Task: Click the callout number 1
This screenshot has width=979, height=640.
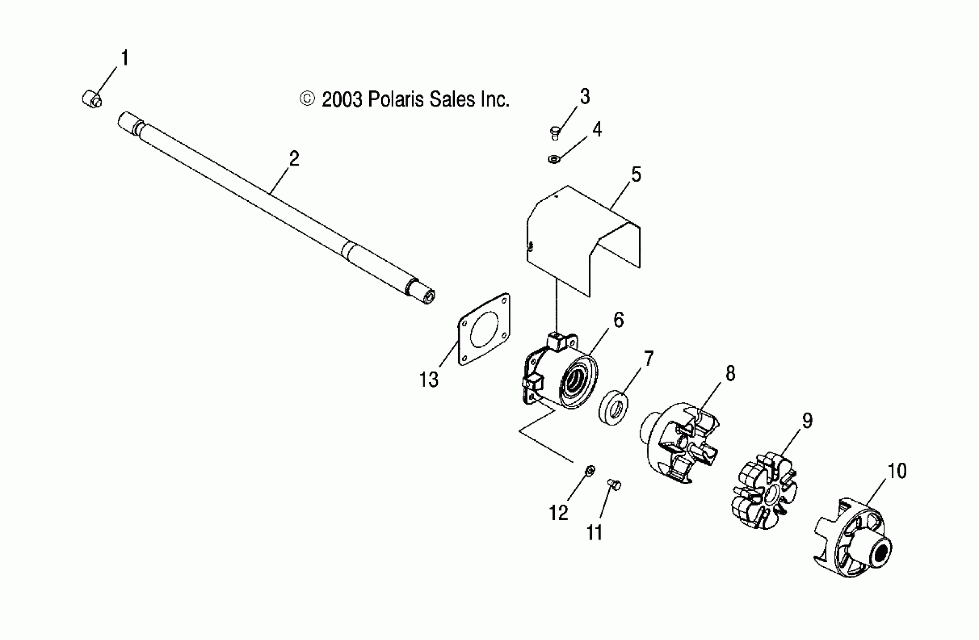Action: coord(125,58)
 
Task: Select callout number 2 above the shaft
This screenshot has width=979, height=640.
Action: coord(294,159)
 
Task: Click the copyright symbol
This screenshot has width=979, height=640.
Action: coord(307,99)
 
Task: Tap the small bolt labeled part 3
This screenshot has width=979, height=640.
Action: coord(555,133)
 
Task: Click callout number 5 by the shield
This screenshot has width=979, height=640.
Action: coord(636,174)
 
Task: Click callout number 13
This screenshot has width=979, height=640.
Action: coord(429,379)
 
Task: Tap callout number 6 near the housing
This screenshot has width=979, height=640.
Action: coord(618,320)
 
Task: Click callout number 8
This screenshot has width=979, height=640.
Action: coord(730,373)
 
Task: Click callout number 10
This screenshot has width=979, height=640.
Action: coord(897,471)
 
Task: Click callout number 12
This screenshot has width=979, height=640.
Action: coord(559,513)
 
